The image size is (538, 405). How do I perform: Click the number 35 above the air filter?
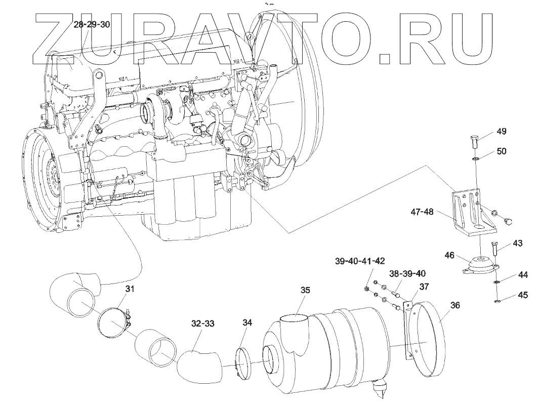click(x=304, y=291)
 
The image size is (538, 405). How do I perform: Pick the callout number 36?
click(x=455, y=306)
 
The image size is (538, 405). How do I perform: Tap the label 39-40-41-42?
click(x=360, y=261)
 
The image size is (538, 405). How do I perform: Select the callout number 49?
click(x=501, y=132)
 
